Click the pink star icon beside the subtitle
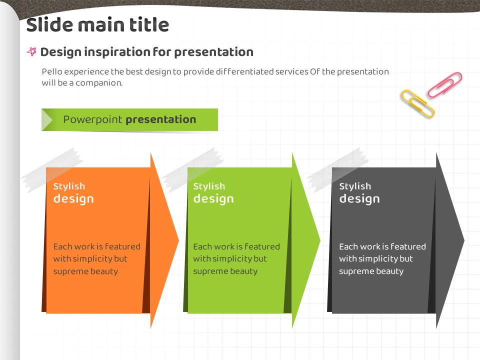click(x=31, y=51)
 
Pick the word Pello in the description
click(x=52, y=71)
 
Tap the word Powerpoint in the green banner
click(x=92, y=119)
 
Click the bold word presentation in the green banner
click(x=161, y=119)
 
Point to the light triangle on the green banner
click(x=47, y=119)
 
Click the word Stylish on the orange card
click(x=69, y=186)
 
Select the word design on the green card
click(x=213, y=199)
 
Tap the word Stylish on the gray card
click(x=355, y=186)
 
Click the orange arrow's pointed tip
click(x=178, y=240)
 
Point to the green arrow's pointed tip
click(x=320, y=240)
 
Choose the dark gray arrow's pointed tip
click(x=464, y=240)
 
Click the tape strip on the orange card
click(x=52, y=169)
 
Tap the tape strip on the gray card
click(x=337, y=169)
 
